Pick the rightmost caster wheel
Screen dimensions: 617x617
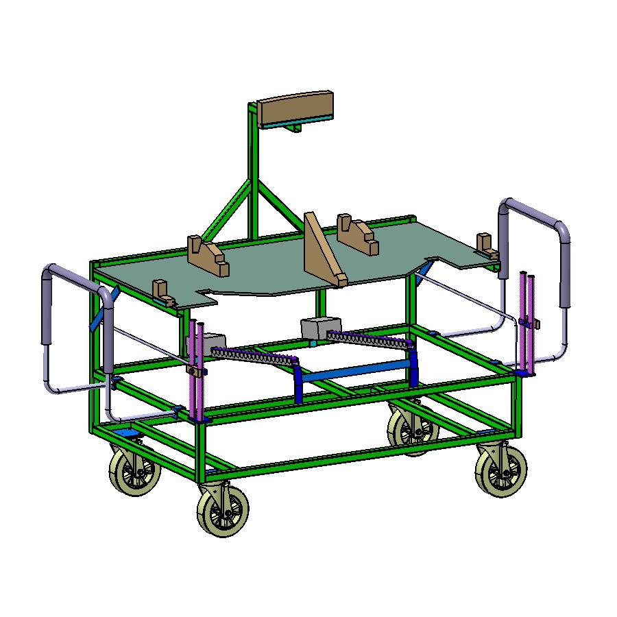pyautogui.click(x=501, y=470)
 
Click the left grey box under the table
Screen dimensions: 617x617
pyautogui.click(x=211, y=342)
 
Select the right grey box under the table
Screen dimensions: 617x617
pyautogui.click(x=320, y=327)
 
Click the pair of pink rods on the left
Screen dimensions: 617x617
pyautogui.click(x=197, y=370)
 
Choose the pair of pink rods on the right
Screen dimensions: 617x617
pyautogui.click(x=527, y=322)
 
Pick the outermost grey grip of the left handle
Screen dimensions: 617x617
pyautogui.click(x=47, y=305)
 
